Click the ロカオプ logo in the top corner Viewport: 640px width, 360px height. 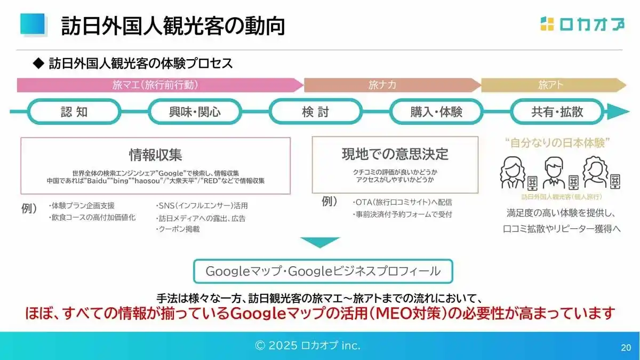tap(582, 24)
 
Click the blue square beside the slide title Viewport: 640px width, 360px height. tap(33, 24)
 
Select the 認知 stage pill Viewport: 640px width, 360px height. tap(74, 111)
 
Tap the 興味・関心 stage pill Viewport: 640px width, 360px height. tap(195, 111)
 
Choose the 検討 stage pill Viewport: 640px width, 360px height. tap(315, 111)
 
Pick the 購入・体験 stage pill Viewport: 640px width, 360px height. tap(436, 111)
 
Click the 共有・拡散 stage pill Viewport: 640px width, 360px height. tap(557, 111)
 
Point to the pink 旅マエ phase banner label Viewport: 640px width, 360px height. tap(155, 85)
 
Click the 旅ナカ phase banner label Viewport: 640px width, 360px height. tap(382, 85)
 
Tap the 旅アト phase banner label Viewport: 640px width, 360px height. tap(550, 85)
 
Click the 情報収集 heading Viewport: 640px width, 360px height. tap(155, 155)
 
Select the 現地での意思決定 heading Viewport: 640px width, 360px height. tap(395, 154)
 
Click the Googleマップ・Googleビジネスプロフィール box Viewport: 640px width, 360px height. tap(323, 271)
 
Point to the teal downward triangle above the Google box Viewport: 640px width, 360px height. tap(320, 242)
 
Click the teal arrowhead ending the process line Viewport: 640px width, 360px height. tap(618, 111)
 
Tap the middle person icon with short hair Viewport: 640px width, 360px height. tap(554, 172)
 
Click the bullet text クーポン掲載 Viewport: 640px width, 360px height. tap(178, 229)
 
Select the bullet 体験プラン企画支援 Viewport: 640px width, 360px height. tap(82, 205)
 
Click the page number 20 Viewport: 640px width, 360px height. tap(626, 347)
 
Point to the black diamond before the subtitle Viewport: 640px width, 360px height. tap(38, 63)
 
